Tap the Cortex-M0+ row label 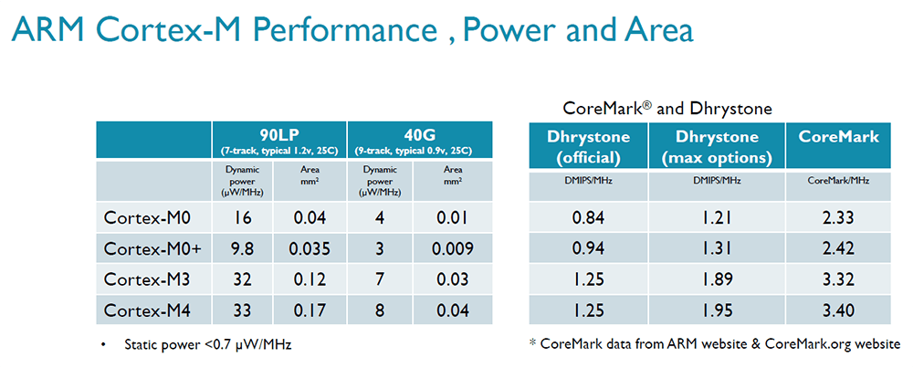point(152,248)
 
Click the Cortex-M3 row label point(149,279)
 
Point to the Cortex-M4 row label point(149,310)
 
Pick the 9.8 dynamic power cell point(242,248)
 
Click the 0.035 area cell point(311,248)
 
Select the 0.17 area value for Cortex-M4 point(311,310)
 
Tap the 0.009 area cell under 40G point(449,248)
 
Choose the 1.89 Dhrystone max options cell point(717,279)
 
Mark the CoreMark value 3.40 point(838,310)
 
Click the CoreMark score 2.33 point(838,218)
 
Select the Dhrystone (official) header point(588,146)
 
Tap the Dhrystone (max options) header point(717,146)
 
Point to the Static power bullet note point(195,344)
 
